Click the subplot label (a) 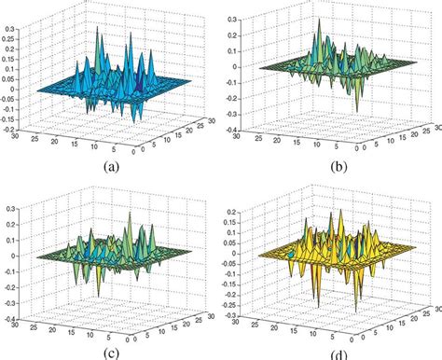click(x=114, y=169)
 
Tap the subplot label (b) click(x=338, y=169)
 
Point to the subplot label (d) click(x=338, y=353)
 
